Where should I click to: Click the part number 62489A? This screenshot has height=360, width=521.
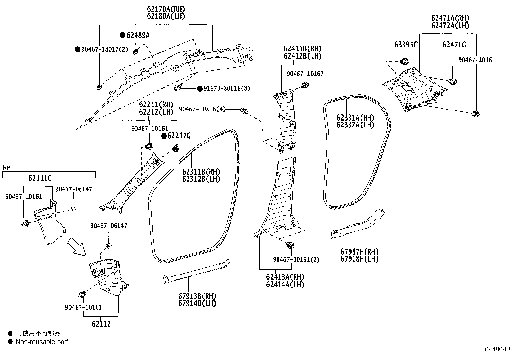coord(138,35)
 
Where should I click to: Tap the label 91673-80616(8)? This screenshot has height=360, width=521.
coord(226,89)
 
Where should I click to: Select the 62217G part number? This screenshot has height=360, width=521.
coord(179,136)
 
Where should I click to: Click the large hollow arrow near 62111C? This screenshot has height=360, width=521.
coord(76,247)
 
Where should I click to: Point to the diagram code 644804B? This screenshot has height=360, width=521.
coord(497,349)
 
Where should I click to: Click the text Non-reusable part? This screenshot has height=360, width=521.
coord(42,342)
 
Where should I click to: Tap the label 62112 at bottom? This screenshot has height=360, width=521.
coord(101,324)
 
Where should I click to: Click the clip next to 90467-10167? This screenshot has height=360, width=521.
coord(305,85)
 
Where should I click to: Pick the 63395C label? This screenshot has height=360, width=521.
coord(406,45)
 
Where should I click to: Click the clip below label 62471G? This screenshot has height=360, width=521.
coord(453,81)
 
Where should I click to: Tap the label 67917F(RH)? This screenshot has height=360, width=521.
coord(359,252)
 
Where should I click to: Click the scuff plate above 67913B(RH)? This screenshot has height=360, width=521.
coord(196,271)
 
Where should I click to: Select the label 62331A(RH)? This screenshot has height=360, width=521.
coord(355,118)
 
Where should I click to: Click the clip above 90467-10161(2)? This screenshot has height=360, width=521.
coord(290,245)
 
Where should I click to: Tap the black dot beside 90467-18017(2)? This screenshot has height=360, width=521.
coord(78,49)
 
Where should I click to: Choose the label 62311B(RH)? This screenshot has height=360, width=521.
coord(201,172)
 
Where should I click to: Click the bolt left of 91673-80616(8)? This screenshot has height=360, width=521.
coord(178,87)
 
